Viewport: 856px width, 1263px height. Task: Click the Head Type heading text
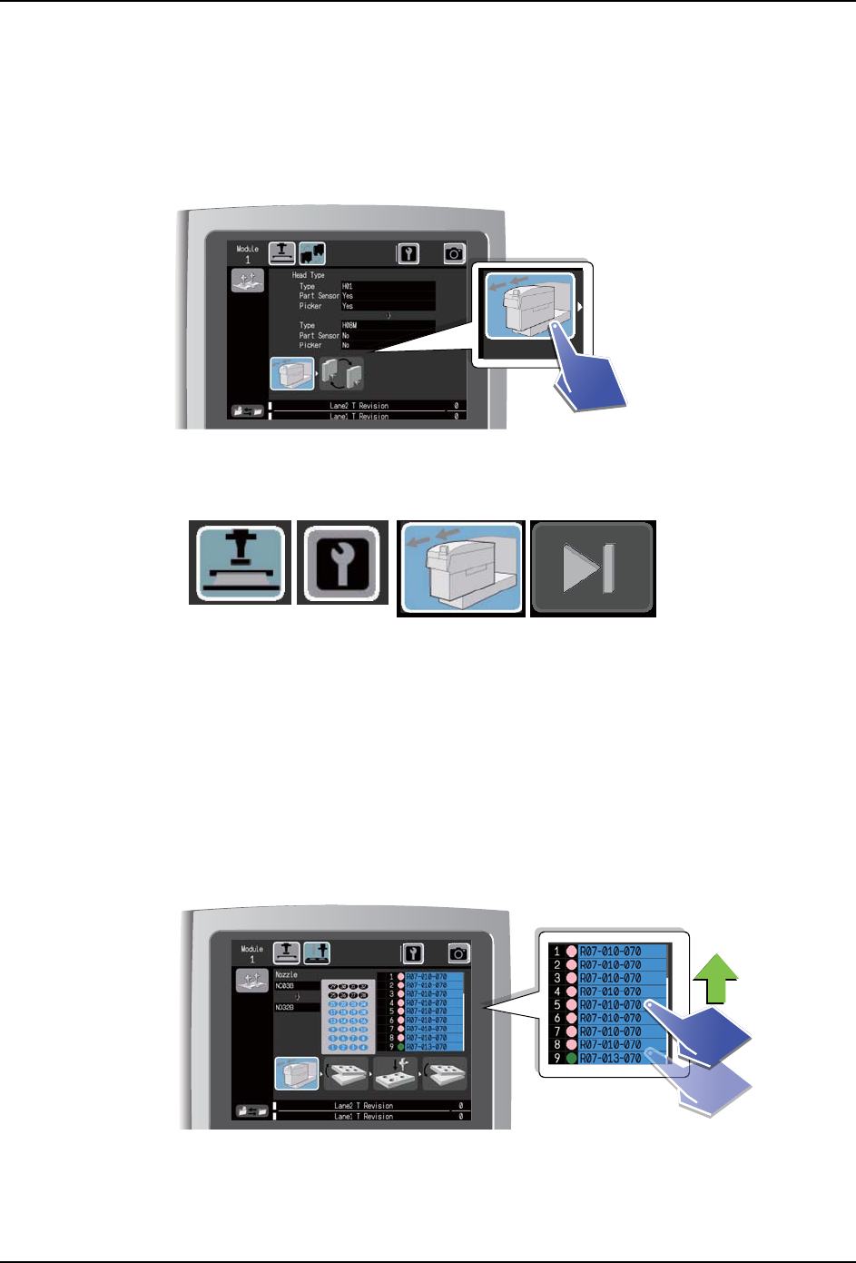[x=308, y=275]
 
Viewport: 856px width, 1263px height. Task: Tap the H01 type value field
[x=388, y=286]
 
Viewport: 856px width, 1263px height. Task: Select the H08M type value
[x=388, y=325]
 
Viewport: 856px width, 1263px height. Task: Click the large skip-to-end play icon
[x=592, y=567]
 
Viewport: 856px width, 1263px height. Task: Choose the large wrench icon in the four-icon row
[x=343, y=562]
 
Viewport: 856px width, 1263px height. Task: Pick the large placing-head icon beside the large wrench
[x=241, y=562]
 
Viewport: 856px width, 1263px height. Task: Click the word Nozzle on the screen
[x=286, y=974]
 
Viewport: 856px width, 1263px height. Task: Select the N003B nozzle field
[x=296, y=985]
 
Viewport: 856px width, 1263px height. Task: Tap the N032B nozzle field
[x=296, y=1007]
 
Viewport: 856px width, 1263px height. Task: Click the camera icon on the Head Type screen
[x=454, y=254]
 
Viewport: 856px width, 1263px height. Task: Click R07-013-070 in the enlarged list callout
[x=611, y=1059]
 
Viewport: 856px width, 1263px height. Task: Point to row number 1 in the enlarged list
[x=557, y=952]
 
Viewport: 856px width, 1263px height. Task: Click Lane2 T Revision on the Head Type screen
[x=359, y=406]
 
